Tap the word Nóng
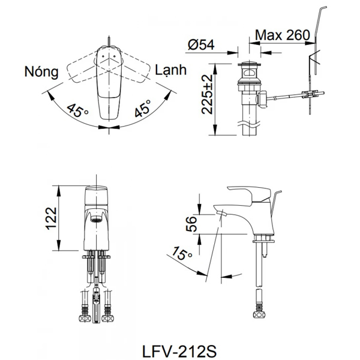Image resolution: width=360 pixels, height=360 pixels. (x=41, y=72)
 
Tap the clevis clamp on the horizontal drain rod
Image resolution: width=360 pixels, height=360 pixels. (x=310, y=94)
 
